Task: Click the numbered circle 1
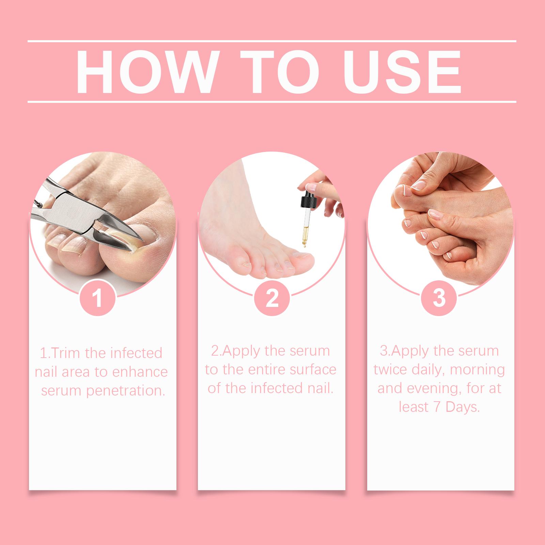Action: tap(97, 298)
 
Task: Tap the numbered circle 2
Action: tap(271, 298)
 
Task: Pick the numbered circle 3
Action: tap(439, 298)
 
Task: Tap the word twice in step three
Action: tap(393, 370)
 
